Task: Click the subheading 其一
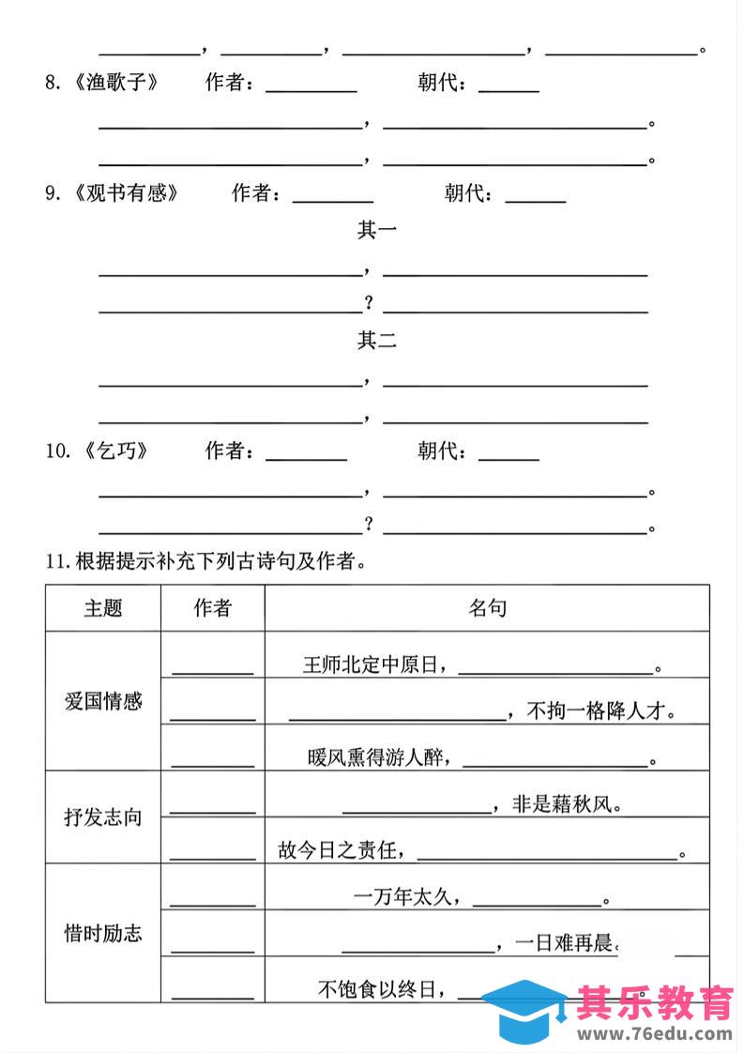click(x=376, y=230)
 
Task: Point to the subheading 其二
click(x=376, y=341)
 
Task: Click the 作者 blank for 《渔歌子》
click(x=311, y=86)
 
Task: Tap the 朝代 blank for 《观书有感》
click(x=535, y=197)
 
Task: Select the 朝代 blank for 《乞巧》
click(x=509, y=454)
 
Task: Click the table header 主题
click(x=103, y=608)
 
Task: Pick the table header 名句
click(x=487, y=608)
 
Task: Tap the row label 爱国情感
click(x=103, y=700)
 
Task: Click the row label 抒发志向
click(x=103, y=816)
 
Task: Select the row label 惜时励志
click(x=103, y=933)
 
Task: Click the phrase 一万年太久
click(x=405, y=897)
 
